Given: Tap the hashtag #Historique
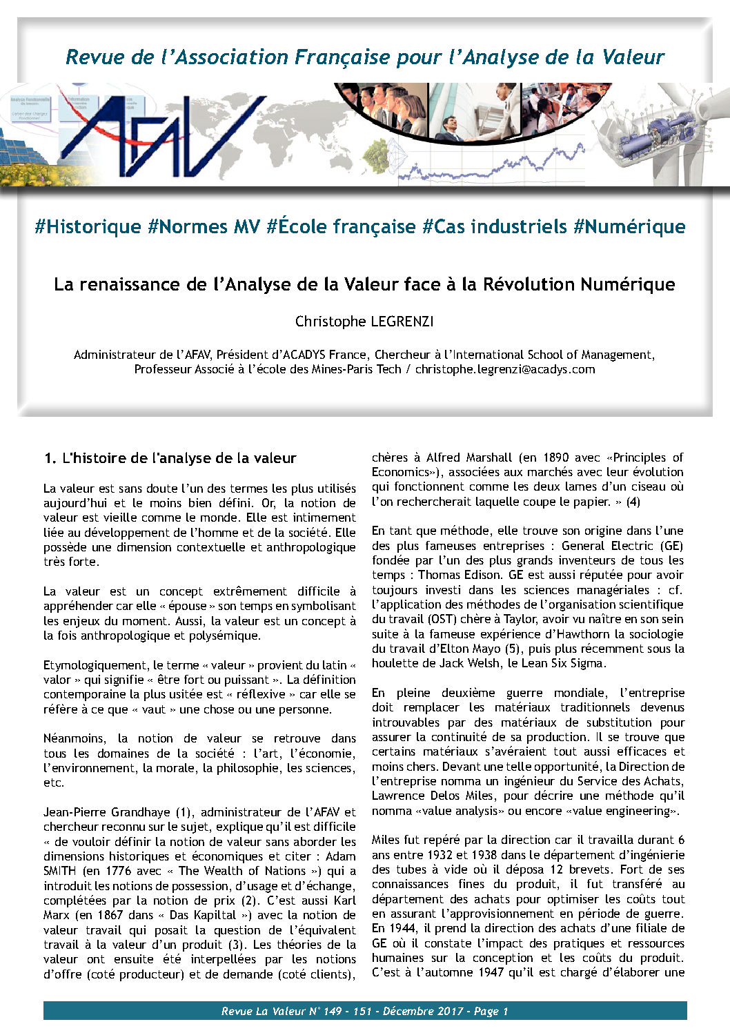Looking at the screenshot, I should (x=88, y=227).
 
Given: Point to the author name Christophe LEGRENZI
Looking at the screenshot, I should (x=364, y=322).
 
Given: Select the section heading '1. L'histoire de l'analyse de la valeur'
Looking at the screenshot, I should (x=170, y=458).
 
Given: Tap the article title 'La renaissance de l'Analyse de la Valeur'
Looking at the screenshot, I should (x=364, y=284).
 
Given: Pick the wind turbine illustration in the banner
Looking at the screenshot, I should (x=662, y=135).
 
